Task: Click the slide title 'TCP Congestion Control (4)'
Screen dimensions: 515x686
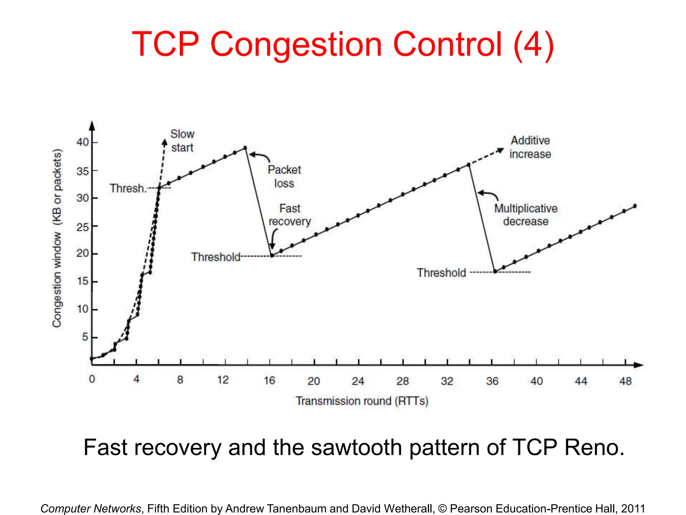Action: coord(343,45)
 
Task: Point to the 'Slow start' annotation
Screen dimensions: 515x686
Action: coord(182,141)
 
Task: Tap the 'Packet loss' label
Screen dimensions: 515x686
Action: coord(284,176)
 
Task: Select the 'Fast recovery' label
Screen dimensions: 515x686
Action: coord(290,215)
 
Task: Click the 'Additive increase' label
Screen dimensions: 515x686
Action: coord(530,147)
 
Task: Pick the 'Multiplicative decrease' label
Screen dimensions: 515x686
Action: coord(526,215)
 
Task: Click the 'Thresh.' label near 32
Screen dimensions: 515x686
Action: coord(128,188)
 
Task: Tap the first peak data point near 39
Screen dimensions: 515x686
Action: coord(245,148)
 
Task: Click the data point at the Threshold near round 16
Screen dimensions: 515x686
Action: coord(272,255)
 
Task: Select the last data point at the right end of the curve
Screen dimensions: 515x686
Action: coord(635,206)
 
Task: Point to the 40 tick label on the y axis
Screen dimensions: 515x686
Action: coord(82,142)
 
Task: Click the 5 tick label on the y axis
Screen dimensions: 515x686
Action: coord(85,337)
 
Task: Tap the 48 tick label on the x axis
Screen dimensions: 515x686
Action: coord(625,381)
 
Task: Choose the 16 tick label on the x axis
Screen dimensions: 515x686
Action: coord(269,380)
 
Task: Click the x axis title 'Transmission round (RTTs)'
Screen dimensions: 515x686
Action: coord(362,401)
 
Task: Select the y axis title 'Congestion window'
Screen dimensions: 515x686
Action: coord(57,238)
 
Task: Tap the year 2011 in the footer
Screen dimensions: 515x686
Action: coord(633,508)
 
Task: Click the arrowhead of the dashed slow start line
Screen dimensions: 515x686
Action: coord(164,142)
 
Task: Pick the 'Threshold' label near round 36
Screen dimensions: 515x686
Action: coord(441,273)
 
